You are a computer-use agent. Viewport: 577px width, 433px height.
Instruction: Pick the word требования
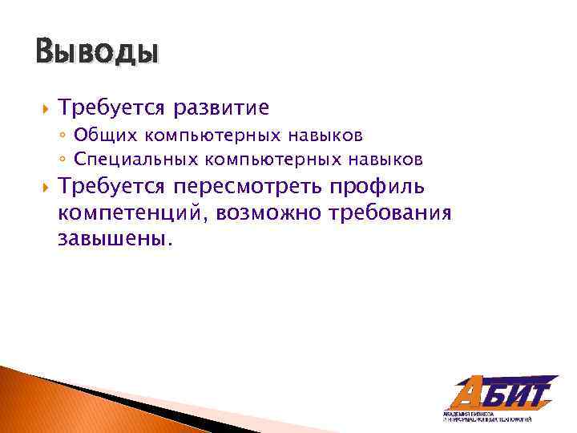(x=393, y=213)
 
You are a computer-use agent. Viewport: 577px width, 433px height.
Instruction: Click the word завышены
(x=114, y=240)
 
